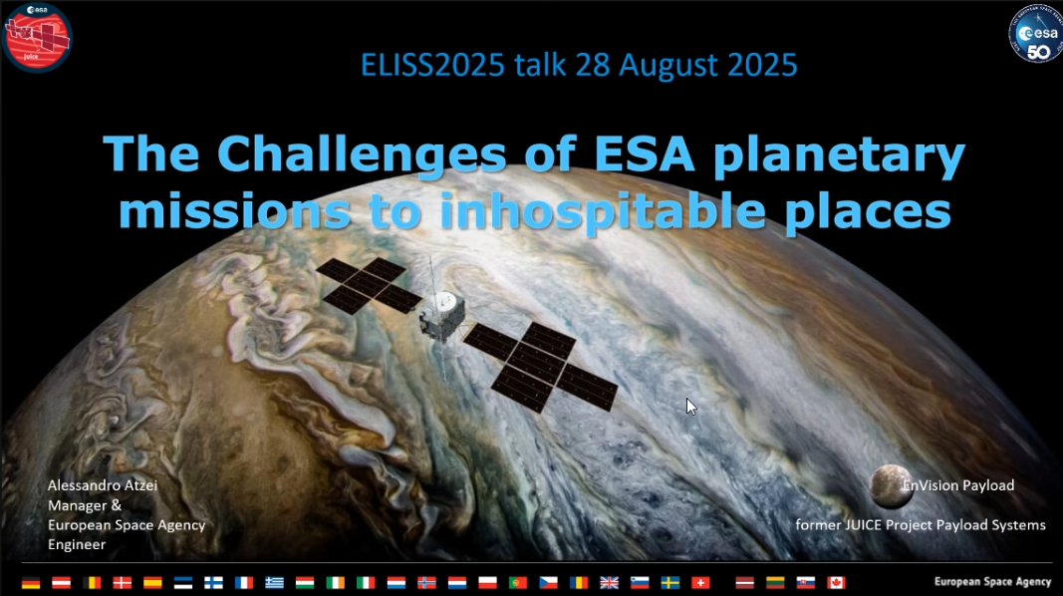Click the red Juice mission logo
point(37,37)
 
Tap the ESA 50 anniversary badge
point(1036,34)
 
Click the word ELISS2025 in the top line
point(432,65)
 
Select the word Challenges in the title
point(362,153)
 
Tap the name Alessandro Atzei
point(103,485)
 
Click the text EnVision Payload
point(958,485)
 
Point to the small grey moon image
point(891,486)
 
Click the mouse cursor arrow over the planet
point(690,407)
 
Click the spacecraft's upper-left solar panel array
point(369,285)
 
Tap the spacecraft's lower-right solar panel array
point(541,367)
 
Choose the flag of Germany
point(31,582)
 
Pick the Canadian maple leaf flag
point(836,582)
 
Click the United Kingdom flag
point(609,582)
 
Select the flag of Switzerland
point(700,582)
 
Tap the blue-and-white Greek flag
point(274,582)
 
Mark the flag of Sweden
point(669,582)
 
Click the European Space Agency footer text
point(992,582)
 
